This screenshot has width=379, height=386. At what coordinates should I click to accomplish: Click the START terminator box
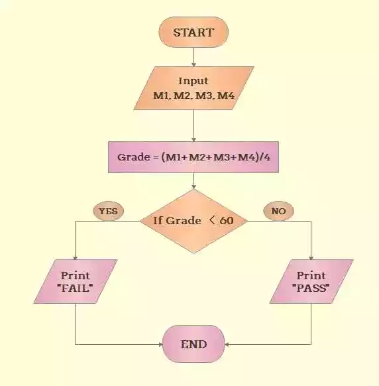[193, 32]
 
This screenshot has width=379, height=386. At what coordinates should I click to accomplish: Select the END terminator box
[193, 344]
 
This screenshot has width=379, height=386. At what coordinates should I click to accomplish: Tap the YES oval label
[108, 211]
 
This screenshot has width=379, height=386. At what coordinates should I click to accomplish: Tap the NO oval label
[279, 211]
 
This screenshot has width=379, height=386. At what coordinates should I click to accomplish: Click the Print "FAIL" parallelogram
[76, 281]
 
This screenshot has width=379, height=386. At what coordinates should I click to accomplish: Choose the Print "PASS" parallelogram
[311, 281]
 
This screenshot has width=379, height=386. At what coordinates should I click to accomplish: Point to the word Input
[193, 81]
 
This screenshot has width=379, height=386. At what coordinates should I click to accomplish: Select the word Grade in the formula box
[134, 157]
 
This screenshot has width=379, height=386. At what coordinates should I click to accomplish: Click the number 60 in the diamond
[227, 220]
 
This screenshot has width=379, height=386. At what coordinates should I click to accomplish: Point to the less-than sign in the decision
[212, 220]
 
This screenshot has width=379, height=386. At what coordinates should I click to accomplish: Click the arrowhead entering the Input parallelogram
[193, 65]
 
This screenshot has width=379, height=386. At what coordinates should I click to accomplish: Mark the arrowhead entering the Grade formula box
[193, 139]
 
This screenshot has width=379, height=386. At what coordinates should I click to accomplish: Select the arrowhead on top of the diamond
[193, 187]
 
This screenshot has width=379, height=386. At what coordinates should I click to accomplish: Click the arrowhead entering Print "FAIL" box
[76, 257]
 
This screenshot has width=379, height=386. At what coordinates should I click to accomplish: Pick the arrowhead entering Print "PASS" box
[311, 257]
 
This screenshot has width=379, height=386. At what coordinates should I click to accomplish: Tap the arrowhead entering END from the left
[160, 344]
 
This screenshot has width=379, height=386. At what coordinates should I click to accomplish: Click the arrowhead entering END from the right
[227, 344]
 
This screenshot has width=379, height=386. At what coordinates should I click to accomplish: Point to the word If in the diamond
[158, 220]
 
